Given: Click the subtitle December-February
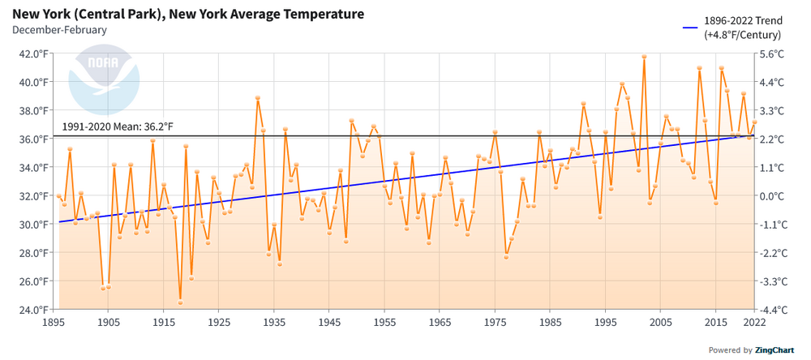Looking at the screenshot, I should click(x=59, y=30).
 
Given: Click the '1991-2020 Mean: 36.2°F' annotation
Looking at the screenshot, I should click(x=118, y=127).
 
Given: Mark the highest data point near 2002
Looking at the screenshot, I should click(x=644, y=57).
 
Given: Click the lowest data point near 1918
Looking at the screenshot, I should click(x=180, y=302).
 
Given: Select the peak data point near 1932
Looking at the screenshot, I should click(x=257, y=98).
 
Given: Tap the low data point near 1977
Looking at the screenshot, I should click(x=506, y=256).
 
